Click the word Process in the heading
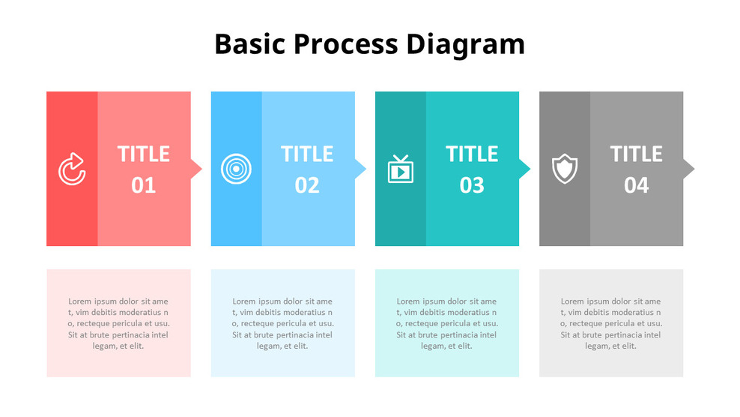pyautogui.click(x=345, y=44)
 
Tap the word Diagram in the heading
pyautogui.click(x=465, y=44)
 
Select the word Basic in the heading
pyautogui.click(x=249, y=44)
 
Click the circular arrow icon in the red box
pyautogui.click(x=72, y=169)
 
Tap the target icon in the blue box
pyautogui.click(x=236, y=169)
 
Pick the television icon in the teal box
pyautogui.click(x=400, y=169)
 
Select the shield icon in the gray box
pyautogui.click(x=565, y=169)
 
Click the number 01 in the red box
pyautogui.click(x=143, y=184)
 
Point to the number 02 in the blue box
pyautogui.click(x=307, y=184)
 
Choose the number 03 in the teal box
pyautogui.click(x=472, y=184)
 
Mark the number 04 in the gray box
pyautogui.click(x=636, y=184)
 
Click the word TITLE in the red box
pyautogui.click(x=143, y=154)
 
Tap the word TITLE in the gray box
pyautogui.click(x=636, y=154)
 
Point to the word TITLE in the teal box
pyautogui.click(x=472, y=154)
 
